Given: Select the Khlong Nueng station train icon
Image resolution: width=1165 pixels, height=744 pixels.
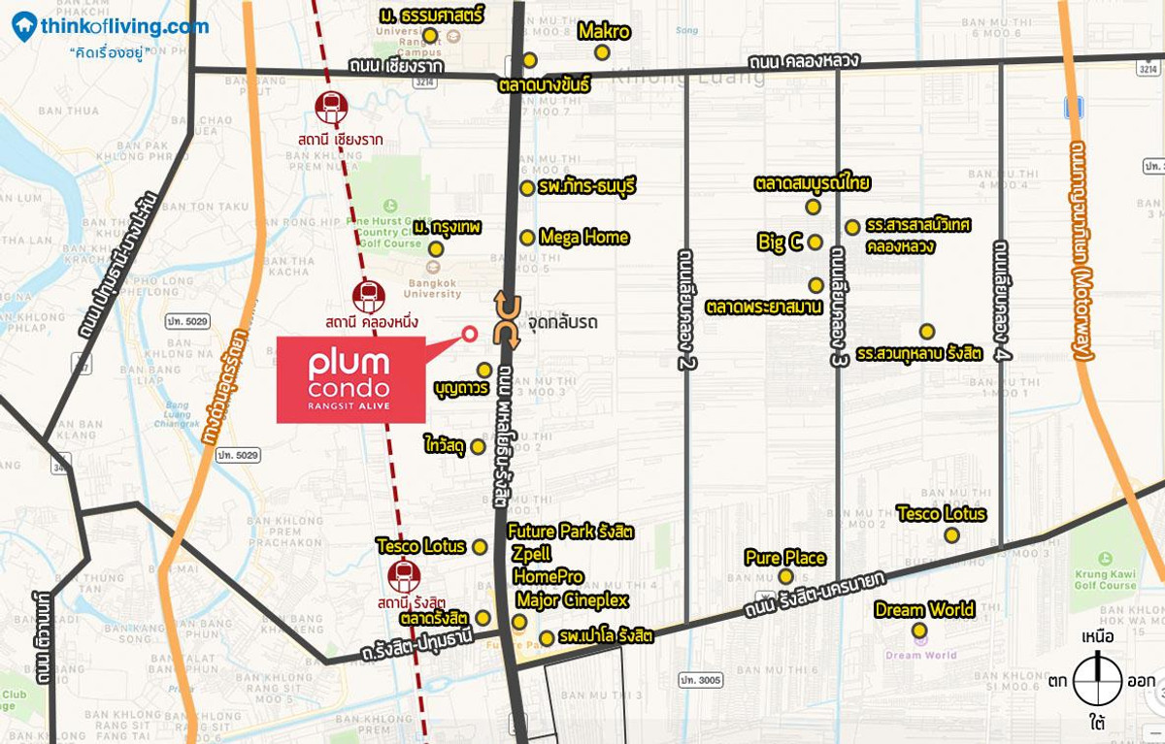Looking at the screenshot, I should click(x=368, y=294).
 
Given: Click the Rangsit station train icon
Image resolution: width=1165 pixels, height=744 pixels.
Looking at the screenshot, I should click(x=404, y=576).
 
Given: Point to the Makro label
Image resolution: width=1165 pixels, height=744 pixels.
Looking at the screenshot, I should click(x=604, y=31).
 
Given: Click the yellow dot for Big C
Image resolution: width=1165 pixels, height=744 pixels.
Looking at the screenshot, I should click(x=815, y=243).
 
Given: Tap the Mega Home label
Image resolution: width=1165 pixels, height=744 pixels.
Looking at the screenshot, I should click(x=584, y=237).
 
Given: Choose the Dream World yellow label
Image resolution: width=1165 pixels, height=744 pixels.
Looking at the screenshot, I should click(x=924, y=610).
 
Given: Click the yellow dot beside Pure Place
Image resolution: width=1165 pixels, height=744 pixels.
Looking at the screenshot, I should click(x=785, y=577).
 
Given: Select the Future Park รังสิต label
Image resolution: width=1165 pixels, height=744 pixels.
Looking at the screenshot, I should click(x=571, y=532).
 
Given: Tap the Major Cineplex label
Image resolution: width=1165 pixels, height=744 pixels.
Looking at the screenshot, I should click(x=572, y=600).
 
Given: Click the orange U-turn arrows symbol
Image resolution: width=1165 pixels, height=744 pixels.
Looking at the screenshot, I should click(x=507, y=320).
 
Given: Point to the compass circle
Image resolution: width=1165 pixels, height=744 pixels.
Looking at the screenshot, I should click(x=1098, y=681).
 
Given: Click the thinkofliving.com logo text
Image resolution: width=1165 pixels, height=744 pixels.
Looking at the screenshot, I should click(x=123, y=26).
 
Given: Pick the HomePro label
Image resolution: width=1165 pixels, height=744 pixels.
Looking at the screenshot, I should click(x=548, y=577).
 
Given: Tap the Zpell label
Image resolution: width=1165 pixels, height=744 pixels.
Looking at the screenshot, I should click(x=531, y=554).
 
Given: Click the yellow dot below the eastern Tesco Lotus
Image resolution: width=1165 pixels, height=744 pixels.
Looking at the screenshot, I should click(x=951, y=535).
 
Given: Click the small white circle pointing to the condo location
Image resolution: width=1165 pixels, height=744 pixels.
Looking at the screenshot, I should click(x=470, y=335).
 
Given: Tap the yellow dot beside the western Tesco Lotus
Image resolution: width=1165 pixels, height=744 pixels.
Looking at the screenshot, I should click(x=480, y=547).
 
